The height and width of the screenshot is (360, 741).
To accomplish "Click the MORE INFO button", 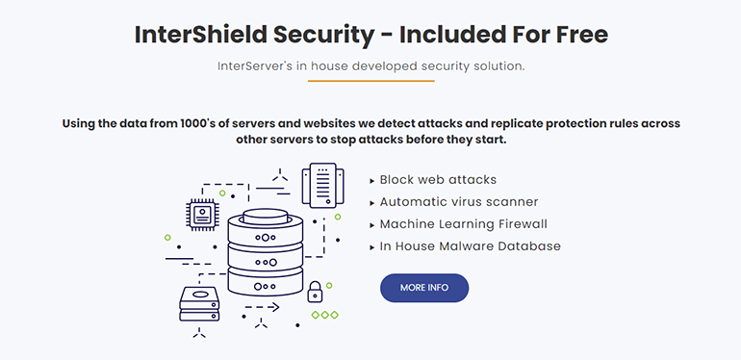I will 424,288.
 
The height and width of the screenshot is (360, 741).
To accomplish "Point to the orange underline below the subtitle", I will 370,82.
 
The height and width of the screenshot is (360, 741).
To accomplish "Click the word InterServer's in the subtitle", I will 255,66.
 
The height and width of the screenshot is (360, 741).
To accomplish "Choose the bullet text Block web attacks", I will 438,180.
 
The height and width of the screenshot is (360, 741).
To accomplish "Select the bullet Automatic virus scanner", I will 458,202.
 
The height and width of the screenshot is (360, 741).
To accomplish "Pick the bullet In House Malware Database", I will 470,246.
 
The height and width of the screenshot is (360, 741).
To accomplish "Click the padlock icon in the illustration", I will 314,292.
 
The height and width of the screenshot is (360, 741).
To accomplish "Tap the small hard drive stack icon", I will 200,305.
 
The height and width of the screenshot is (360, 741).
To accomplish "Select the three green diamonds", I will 324,315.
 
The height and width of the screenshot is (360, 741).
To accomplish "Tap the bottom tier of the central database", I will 266,286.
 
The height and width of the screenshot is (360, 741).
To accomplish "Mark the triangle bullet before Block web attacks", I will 372,180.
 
